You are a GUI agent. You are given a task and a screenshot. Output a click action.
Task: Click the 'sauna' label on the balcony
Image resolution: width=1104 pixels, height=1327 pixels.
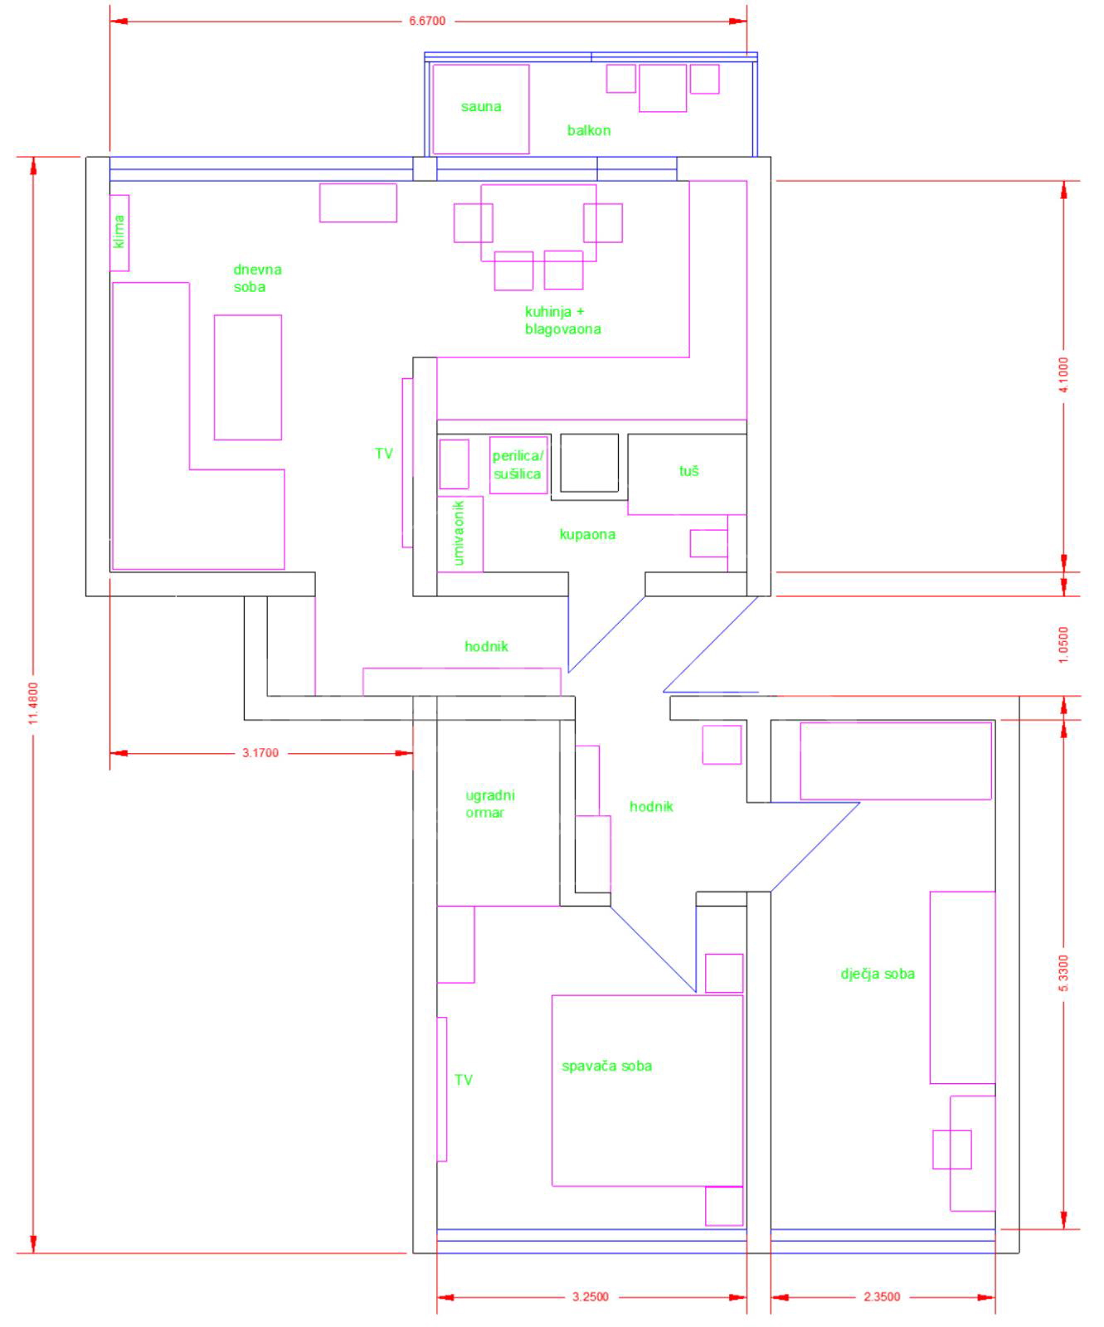point(481,106)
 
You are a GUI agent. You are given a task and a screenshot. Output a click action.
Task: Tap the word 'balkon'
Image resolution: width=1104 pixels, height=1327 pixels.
point(589,130)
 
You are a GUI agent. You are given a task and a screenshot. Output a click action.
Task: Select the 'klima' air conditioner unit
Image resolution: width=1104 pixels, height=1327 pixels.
point(119,232)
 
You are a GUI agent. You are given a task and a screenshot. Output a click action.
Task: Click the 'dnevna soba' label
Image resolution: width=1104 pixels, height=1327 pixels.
point(257,278)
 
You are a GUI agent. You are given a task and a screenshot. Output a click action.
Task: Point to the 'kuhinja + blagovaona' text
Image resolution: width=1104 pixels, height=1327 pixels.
point(563,320)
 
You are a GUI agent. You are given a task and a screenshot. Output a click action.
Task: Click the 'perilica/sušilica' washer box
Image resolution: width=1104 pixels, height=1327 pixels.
point(518,465)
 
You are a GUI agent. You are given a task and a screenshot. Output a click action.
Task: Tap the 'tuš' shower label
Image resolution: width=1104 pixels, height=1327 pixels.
point(689,471)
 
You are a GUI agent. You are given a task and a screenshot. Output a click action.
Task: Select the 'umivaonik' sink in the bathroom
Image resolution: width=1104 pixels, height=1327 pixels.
point(460,534)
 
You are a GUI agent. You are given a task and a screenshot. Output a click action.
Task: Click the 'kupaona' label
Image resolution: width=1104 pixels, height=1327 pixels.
point(587,534)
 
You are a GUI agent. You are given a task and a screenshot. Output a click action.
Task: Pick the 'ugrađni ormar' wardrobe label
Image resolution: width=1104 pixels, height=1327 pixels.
point(489,804)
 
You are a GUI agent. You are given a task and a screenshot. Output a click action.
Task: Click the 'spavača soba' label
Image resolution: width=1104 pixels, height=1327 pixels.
point(606,1066)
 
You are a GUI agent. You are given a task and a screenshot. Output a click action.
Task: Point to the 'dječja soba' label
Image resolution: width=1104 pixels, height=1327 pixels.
point(878,974)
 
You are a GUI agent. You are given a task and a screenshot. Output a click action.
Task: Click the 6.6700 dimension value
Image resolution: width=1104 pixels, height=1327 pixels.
point(427,21)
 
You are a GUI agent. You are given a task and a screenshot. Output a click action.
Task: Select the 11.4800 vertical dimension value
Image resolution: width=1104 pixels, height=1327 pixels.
point(33,703)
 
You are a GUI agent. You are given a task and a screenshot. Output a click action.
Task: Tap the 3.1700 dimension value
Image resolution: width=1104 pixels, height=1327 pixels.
point(260,753)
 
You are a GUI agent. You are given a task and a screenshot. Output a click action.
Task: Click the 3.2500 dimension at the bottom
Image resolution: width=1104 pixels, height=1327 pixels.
point(591,1297)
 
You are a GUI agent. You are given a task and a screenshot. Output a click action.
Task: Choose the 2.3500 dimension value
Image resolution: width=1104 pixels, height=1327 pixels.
point(882,1297)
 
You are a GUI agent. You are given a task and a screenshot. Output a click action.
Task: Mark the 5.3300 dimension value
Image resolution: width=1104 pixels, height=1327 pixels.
point(1064,975)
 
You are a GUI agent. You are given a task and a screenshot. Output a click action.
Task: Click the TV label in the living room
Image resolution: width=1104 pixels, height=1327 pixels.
point(383,454)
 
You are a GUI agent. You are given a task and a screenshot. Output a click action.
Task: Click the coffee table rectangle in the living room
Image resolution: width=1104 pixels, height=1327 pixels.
point(248,377)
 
